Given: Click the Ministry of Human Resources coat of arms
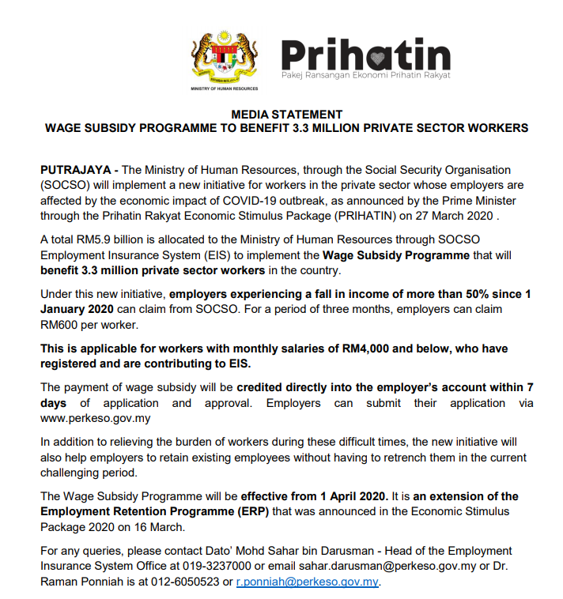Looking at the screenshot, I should point(224,58).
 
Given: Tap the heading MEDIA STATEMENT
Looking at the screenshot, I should point(286,115).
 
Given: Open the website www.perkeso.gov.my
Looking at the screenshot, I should point(95,418).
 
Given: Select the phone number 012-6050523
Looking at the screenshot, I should point(190,582).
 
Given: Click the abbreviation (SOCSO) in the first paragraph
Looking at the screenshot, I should point(66,184).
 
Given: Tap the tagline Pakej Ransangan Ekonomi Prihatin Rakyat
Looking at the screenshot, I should point(366,75).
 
